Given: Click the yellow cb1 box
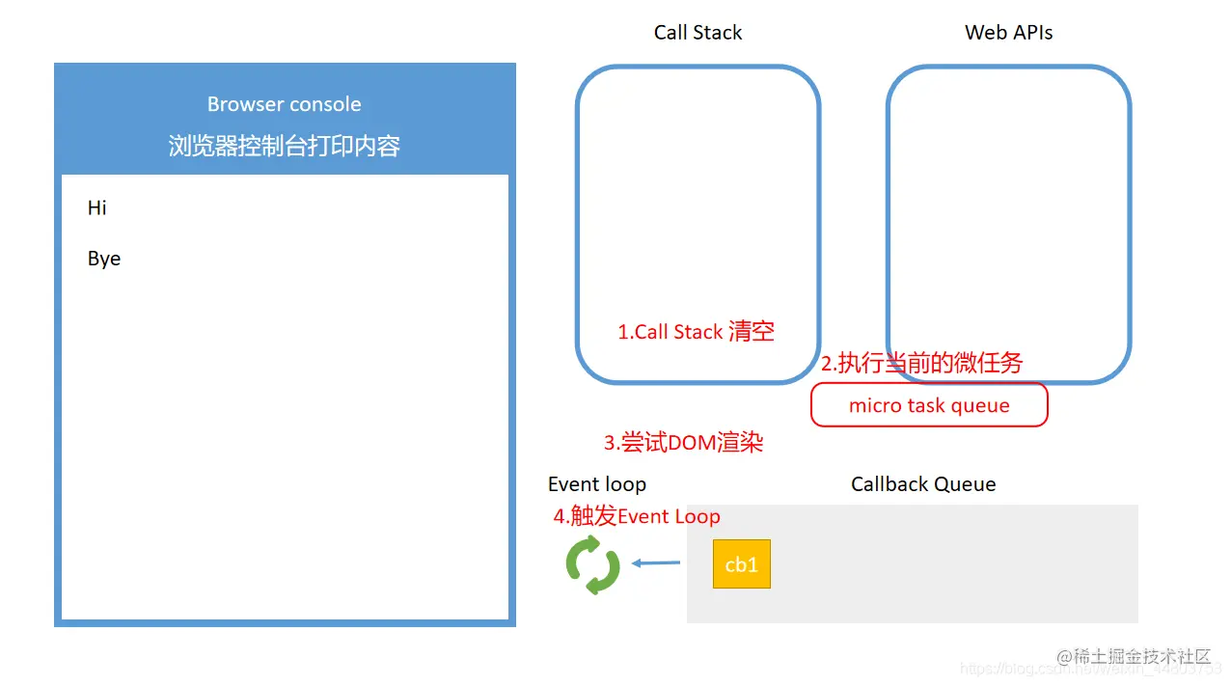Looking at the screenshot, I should (x=741, y=564).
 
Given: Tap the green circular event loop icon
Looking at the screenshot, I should (x=592, y=564).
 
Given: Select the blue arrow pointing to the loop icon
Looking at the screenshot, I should (x=656, y=563).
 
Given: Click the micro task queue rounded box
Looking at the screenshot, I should (x=929, y=405).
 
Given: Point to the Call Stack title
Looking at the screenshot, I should (x=698, y=33).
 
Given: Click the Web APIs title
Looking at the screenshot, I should (x=1008, y=33).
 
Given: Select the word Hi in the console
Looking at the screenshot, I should (x=97, y=208).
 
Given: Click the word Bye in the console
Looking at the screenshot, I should (x=104, y=260).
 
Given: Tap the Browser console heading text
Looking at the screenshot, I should (x=285, y=104).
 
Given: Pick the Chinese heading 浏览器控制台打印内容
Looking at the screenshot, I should (x=285, y=146).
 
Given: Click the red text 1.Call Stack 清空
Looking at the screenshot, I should (x=696, y=332).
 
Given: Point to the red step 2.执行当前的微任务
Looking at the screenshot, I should (x=921, y=363).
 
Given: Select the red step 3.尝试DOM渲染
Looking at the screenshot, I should (x=683, y=443).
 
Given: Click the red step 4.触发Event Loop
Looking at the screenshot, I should (x=637, y=516).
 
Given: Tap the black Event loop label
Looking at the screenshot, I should (x=597, y=484).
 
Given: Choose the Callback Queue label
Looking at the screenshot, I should (x=923, y=484).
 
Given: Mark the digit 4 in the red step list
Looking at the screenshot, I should (x=559, y=517).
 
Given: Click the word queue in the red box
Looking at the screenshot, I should (x=980, y=406).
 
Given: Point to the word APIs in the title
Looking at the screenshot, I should (x=1031, y=33).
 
